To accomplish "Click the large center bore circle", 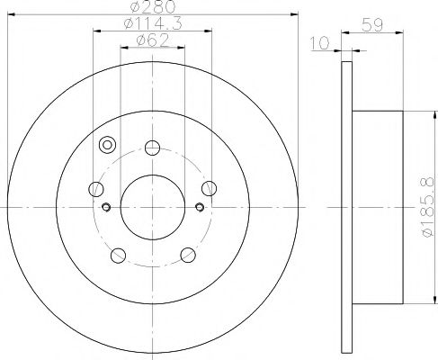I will click(151, 198).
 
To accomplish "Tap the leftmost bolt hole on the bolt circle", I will click(96, 189).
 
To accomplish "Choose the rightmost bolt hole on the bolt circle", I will click(209, 187).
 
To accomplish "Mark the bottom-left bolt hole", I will click(118, 254).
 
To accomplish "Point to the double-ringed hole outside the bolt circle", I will click(108, 146).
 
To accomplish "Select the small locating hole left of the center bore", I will click(106, 208).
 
